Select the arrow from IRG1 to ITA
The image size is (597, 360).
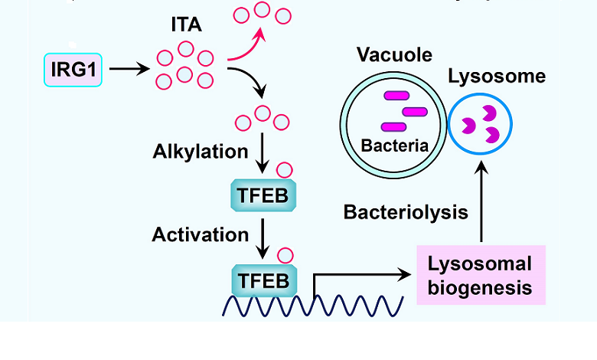pos(131,70)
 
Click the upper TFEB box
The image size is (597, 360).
pos(263,196)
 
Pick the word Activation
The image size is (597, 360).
pos(201,234)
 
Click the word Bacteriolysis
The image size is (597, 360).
pos(406,212)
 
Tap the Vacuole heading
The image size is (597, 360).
pos(394,54)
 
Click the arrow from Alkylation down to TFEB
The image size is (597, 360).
pos(263,153)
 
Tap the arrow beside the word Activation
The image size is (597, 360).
pos(263,237)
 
